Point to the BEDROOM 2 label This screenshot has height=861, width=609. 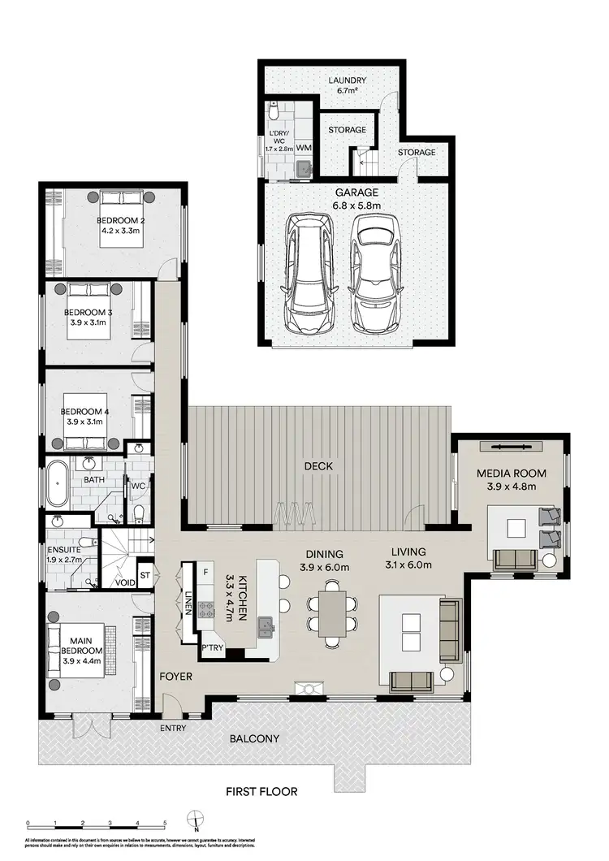[121, 225]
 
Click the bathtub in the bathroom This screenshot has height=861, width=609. [58, 484]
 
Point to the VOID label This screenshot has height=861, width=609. [125, 582]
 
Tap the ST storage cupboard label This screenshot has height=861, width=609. [145, 575]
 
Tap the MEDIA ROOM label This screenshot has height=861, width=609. [512, 479]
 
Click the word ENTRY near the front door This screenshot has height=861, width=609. [173, 728]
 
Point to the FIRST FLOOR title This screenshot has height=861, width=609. [262, 791]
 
